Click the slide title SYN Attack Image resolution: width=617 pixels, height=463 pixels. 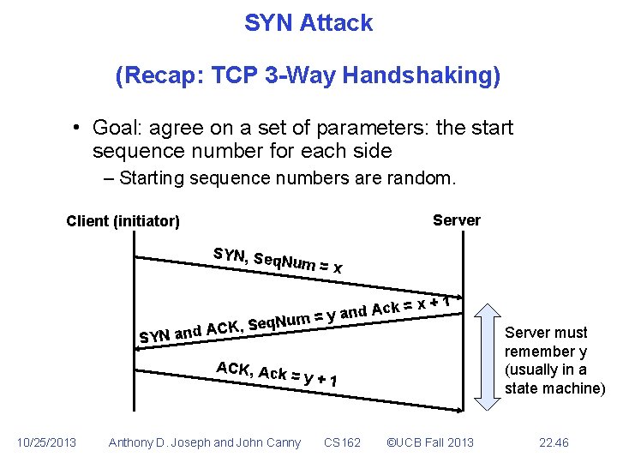tap(308, 23)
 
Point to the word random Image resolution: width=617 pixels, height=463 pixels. tap(426, 178)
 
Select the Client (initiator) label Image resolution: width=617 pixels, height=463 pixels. tap(123, 221)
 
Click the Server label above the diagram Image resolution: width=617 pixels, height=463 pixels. tap(456, 220)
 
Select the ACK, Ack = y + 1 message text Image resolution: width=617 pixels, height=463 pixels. tap(275, 375)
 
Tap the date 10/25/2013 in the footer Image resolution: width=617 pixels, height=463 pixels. tap(47, 442)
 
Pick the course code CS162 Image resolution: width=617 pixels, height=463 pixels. tap(342, 442)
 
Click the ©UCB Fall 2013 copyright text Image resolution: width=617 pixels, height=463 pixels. tap(430, 442)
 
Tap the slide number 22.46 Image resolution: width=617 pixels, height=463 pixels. tap(554, 442)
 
